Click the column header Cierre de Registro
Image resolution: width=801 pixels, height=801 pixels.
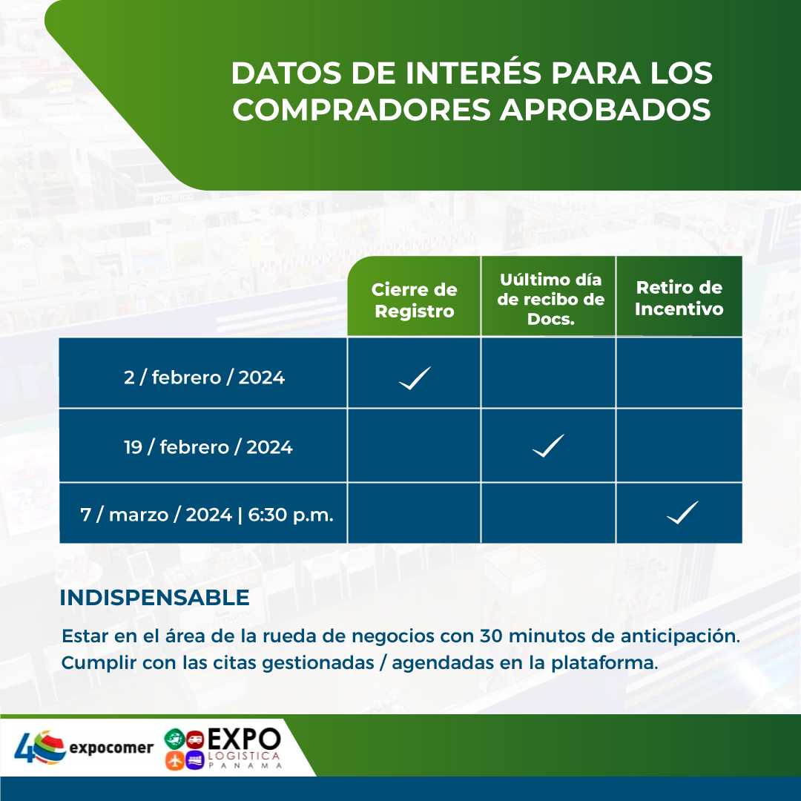(x=415, y=300)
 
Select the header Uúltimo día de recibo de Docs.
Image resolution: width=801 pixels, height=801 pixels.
(x=550, y=300)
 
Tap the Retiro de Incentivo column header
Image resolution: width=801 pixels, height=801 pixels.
(x=679, y=298)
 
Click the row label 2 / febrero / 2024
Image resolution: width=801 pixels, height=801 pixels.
(x=205, y=378)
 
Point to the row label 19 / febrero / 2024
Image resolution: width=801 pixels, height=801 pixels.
(x=208, y=447)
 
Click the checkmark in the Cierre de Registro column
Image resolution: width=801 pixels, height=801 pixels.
(x=415, y=378)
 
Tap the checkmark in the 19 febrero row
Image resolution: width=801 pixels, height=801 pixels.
(x=549, y=446)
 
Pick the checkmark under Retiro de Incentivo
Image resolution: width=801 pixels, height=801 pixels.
(x=682, y=512)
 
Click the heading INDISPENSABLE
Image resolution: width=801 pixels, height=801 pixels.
(x=154, y=598)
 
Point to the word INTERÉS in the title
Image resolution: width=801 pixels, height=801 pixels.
(x=473, y=73)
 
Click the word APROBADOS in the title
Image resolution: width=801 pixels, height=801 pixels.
(x=605, y=109)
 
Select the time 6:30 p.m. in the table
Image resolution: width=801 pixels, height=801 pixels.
(x=291, y=515)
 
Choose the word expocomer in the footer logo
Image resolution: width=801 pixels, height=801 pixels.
(x=111, y=748)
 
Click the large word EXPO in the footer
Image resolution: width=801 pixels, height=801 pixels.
(x=244, y=739)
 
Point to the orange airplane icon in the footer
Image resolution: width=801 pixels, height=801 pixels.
(x=175, y=760)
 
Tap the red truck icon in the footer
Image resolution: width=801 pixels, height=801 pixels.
(x=195, y=739)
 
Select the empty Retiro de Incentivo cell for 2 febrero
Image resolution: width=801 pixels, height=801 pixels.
(x=679, y=372)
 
